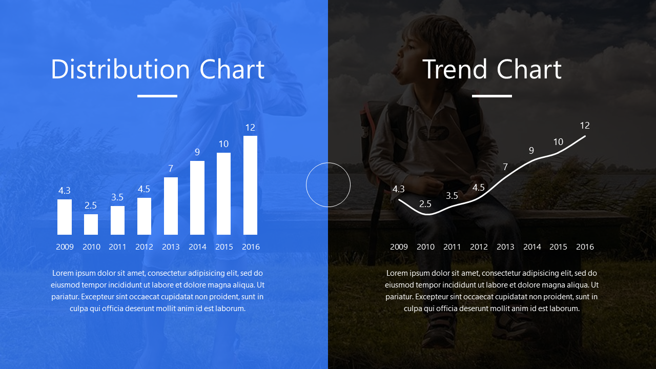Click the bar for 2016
click(x=251, y=185)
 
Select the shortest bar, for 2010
click(x=91, y=224)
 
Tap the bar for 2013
click(x=171, y=206)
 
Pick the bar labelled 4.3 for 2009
click(x=65, y=217)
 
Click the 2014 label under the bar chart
click(x=197, y=247)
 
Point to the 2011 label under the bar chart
click(x=117, y=247)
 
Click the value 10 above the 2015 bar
click(x=223, y=144)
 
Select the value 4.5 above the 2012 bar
click(x=144, y=189)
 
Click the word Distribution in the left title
click(x=120, y=69)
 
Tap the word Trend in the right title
click(x=456, y=69)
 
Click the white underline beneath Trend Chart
click(x=492, y=96)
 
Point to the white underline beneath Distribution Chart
click(x=157, y=96)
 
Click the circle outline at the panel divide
click(x=306, y=185)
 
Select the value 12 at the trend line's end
click(x=585, y=126)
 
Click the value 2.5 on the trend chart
click(x=425, y=204)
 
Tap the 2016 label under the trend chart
click(x=585, y=247)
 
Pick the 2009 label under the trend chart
click(x=399, y=247)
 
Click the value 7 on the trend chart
click(x=505, y=167)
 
